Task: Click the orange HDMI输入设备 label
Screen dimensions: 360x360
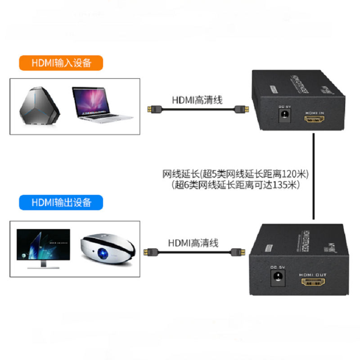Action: [61, 63]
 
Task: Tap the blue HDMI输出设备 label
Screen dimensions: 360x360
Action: [61, 202]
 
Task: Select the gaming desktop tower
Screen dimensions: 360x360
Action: [39, 106]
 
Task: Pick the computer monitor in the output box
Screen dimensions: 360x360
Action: [43, 249]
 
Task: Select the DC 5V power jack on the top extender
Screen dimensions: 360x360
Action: [284, 117]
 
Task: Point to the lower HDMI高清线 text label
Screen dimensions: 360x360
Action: [193, 243]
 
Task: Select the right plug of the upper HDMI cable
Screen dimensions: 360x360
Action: [243, 109]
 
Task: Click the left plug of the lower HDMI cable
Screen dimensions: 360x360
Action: [149, 252]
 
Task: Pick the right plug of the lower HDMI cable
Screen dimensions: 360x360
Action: [237, 252]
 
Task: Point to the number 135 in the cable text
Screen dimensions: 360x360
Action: [284, 184]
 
